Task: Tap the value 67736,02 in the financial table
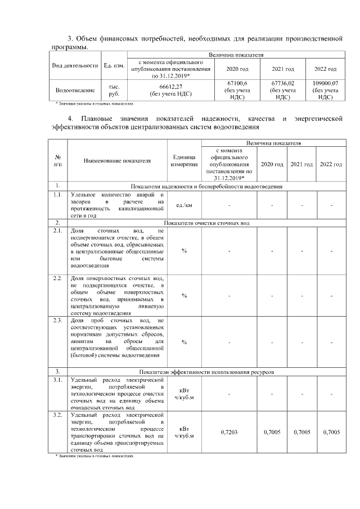(282, 83)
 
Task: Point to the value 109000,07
(325, 83)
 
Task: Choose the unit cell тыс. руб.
(114, 90)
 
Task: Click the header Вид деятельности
(75, 65)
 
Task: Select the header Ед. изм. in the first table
(114, 65)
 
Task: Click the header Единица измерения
(184, 161)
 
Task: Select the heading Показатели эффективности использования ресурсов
(206, 372)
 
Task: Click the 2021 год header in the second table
(301, 164)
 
